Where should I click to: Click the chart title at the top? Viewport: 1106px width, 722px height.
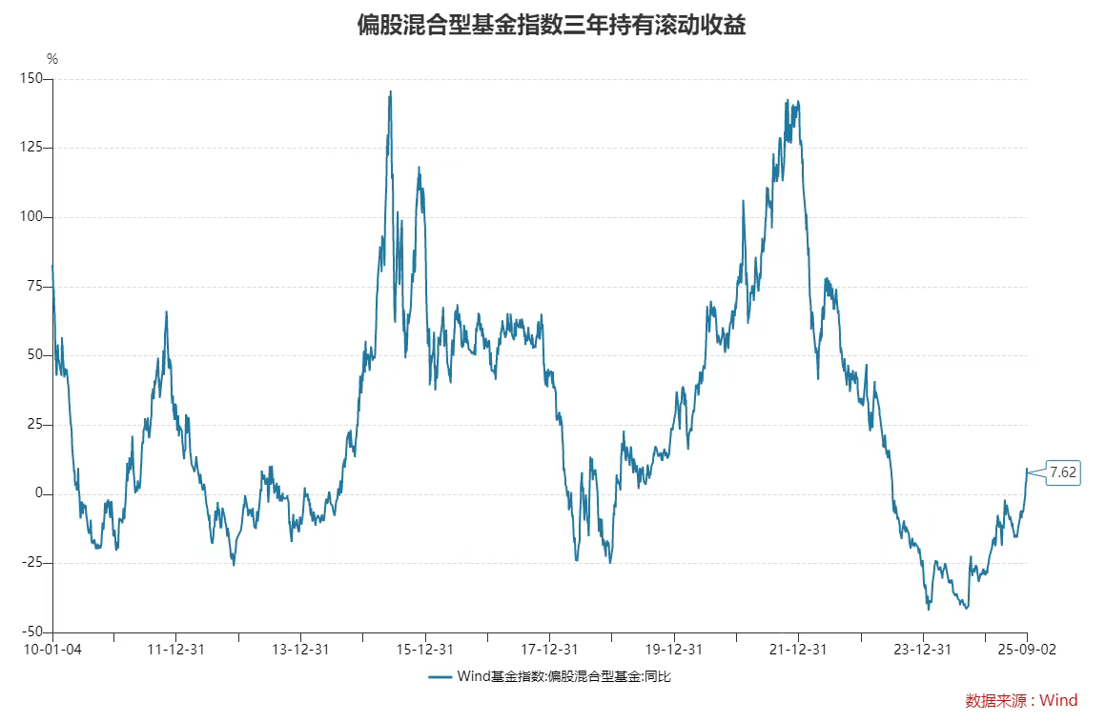551,25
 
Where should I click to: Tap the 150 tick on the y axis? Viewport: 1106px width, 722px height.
32,79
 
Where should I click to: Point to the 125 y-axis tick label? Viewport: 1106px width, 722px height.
32,148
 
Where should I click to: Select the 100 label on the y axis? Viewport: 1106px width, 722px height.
32,217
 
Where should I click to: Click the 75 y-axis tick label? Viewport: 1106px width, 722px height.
35,286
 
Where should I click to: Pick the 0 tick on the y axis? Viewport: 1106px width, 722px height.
40,493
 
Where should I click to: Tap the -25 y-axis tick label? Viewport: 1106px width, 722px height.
33,563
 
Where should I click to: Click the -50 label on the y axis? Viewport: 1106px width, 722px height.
33,632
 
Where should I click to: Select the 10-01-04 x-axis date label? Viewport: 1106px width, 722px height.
52,650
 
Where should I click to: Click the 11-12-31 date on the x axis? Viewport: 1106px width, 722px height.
176,650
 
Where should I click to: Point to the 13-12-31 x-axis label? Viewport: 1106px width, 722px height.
300,650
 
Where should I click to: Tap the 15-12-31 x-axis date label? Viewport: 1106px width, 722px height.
425,650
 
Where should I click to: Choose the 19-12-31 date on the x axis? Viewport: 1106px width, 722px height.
674,650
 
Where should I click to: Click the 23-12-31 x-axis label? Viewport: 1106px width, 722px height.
923,650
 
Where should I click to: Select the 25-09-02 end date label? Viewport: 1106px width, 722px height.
1027,650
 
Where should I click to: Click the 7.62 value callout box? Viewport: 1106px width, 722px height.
1062,472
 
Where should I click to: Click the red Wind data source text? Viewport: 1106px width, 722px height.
1021,701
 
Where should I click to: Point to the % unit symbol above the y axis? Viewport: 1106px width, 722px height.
52,59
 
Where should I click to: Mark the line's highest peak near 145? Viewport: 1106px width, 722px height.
391,92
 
